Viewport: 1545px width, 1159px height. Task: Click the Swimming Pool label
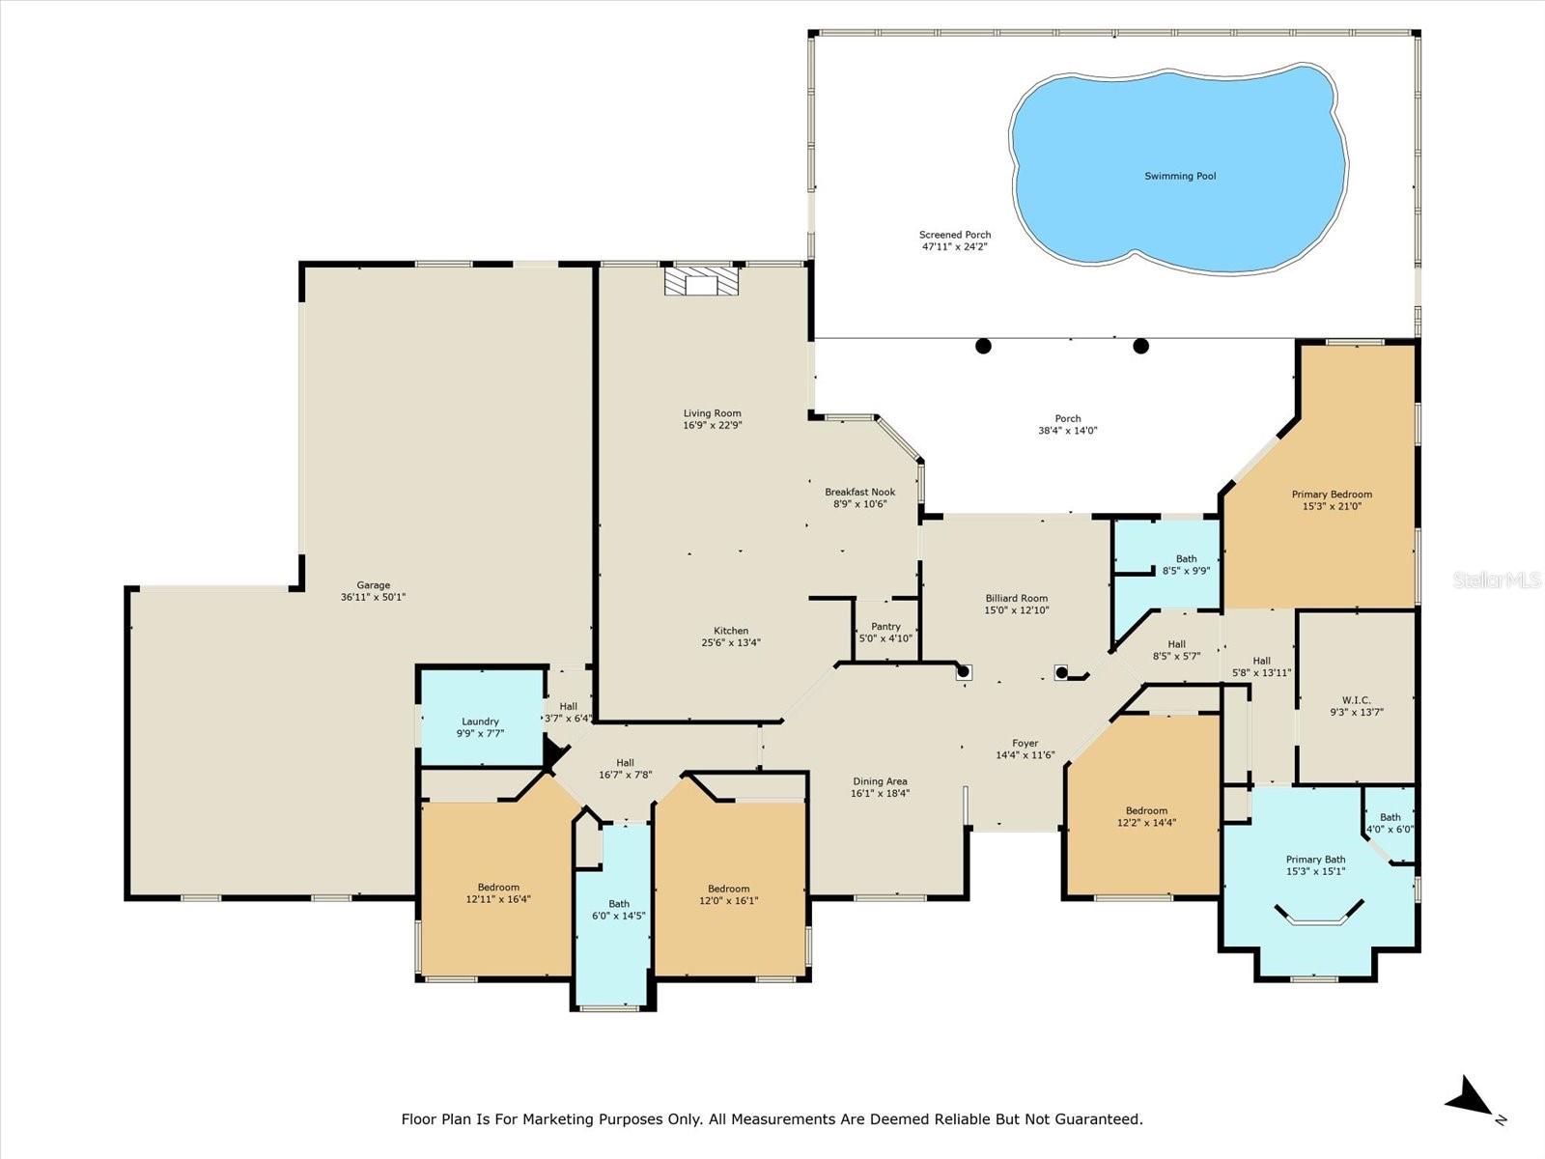[1180, 176]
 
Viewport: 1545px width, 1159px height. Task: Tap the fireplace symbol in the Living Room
[701, 281]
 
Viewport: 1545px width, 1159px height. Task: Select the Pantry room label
[885, 627]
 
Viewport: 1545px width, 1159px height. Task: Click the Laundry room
[480, 721]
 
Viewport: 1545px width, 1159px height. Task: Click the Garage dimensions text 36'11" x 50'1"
[373, 597]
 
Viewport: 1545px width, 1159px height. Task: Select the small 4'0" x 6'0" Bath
[1390, 823]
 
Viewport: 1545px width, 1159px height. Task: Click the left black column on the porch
[983, 346]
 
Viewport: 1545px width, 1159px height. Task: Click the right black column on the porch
[1140, 346]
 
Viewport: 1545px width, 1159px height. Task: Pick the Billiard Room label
[1016, 598]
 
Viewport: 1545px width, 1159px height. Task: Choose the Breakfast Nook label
[859, 492]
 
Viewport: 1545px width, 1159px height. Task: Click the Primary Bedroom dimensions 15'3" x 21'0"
[1332, 506]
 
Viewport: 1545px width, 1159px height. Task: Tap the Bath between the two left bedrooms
[618, 909]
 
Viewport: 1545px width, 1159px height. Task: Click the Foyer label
[1025, 744]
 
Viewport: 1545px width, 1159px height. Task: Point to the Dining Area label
[880, 781]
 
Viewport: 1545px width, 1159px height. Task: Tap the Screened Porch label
[954, 235]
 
